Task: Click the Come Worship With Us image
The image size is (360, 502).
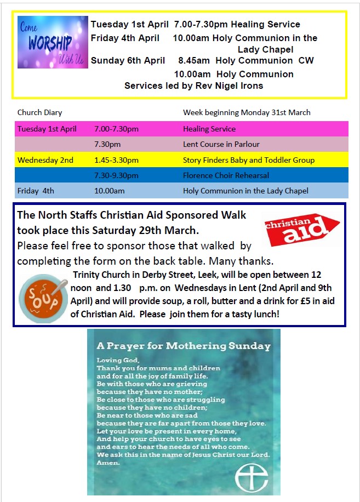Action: [53, 42]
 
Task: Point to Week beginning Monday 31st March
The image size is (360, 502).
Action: [247, 112]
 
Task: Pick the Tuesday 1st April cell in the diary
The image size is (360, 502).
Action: [47, 129]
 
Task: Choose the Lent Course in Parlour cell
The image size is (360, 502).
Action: [221, 144]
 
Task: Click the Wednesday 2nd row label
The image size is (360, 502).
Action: [45, 160]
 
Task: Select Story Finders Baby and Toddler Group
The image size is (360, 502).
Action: [249, 160]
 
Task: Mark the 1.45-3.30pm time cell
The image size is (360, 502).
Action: [116, 160]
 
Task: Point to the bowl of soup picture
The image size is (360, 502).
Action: [43, 299]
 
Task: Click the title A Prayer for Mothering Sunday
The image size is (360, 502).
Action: [184, 346]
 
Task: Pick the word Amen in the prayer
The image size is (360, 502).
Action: [108, 463]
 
